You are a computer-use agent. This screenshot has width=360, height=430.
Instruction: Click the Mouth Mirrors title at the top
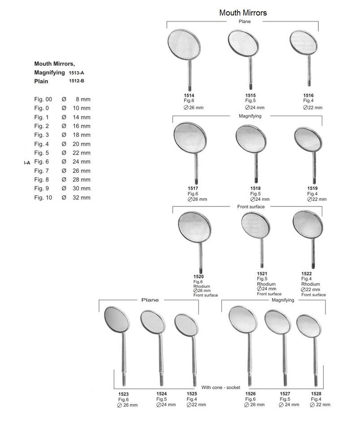tap(243, 13)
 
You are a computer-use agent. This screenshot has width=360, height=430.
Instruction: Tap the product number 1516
tap(308, 95)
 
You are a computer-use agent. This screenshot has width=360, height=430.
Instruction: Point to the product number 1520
tap(198, 277)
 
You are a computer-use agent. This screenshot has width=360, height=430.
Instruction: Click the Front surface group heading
tap(251, 206)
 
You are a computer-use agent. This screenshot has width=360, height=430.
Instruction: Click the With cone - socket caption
tap(221, 387)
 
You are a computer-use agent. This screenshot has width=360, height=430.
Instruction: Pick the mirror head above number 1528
tap(310, 326)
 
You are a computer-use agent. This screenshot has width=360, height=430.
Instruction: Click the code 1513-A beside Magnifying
tap(76, 73)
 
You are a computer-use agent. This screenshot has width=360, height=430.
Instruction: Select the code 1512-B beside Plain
tap(77, 81)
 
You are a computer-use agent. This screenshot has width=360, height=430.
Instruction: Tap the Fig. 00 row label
tap(43, 99)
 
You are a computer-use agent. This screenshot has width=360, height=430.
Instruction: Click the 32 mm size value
tap(82, 198)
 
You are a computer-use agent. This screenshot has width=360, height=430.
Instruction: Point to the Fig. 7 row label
tap(42, 171)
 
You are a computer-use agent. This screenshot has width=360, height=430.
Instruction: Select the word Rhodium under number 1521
tap(266, 284)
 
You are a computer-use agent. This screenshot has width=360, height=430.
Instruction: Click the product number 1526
tap(251, 394)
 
